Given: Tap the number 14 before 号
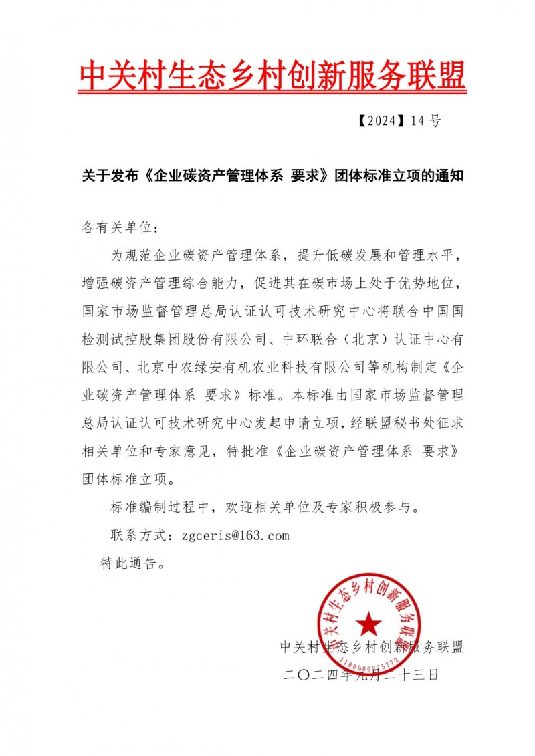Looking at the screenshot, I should pos(419,121).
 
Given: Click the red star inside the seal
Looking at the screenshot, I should pos(368,625).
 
